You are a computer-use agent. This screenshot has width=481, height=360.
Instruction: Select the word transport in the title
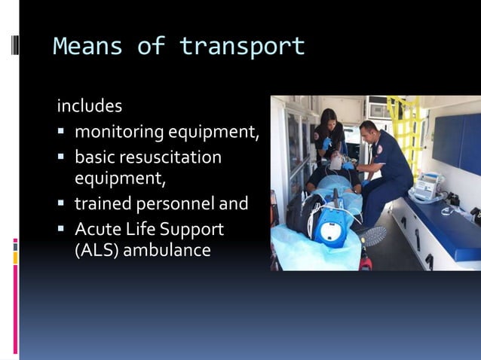[242, 46]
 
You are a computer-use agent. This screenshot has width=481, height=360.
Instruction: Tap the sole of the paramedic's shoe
[374, 236]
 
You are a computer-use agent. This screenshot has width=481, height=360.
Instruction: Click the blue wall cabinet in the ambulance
[456, 143]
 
